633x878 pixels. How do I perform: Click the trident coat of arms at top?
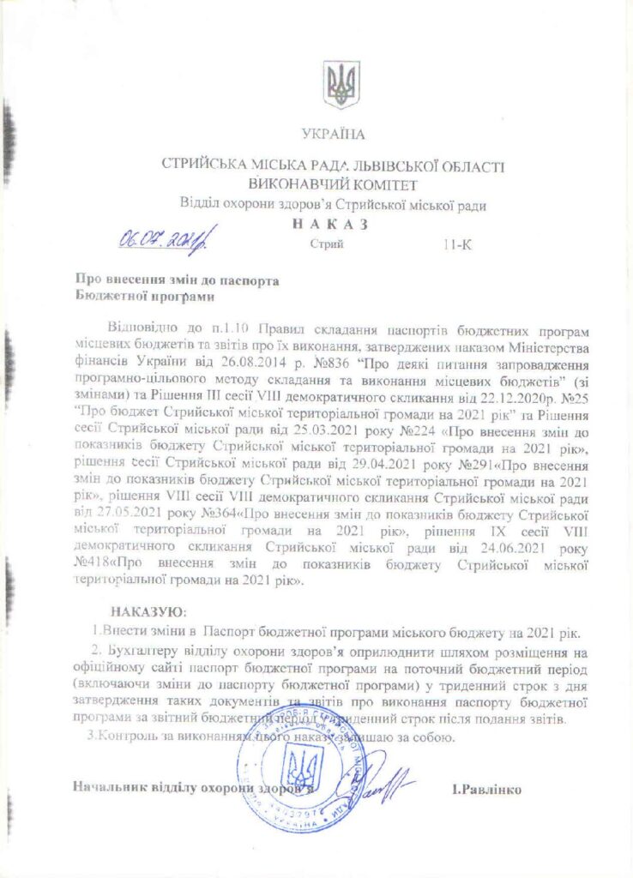coord(341,85)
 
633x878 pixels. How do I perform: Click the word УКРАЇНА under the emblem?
coord(333,134)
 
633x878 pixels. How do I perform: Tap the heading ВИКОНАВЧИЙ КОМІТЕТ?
coord(332,184)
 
